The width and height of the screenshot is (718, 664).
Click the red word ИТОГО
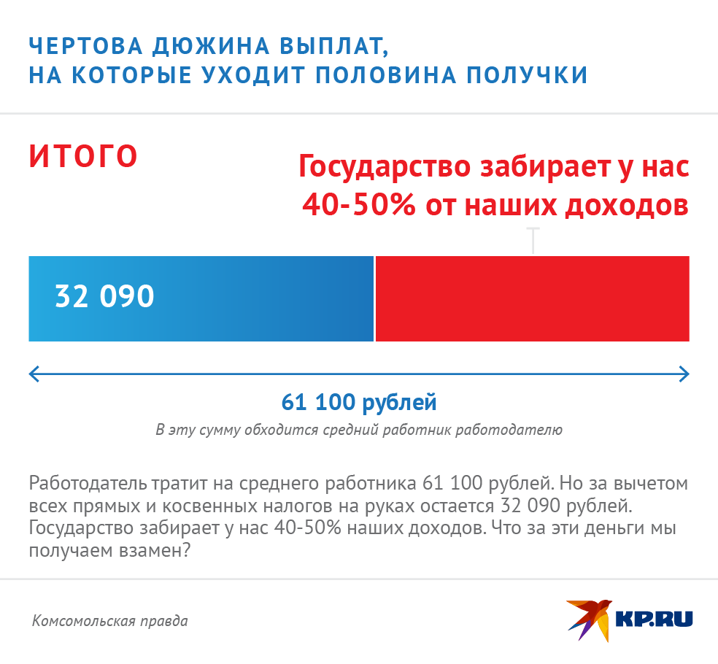coord(83,156)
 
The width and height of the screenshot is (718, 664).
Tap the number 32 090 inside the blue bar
coord(104,297)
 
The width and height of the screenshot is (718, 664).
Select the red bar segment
coord(532,298)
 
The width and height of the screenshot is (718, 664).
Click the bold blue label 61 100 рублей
coord(359,402)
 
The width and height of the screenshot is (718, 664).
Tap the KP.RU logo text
coord(654,619)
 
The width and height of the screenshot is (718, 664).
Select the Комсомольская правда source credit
coord(110,621)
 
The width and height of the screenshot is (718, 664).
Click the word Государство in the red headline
coord(382,167)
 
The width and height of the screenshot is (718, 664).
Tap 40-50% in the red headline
coord(358,205)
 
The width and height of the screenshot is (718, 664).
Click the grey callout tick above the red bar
coord(534,240)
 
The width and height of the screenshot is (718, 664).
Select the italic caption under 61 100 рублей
coord(359,429)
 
